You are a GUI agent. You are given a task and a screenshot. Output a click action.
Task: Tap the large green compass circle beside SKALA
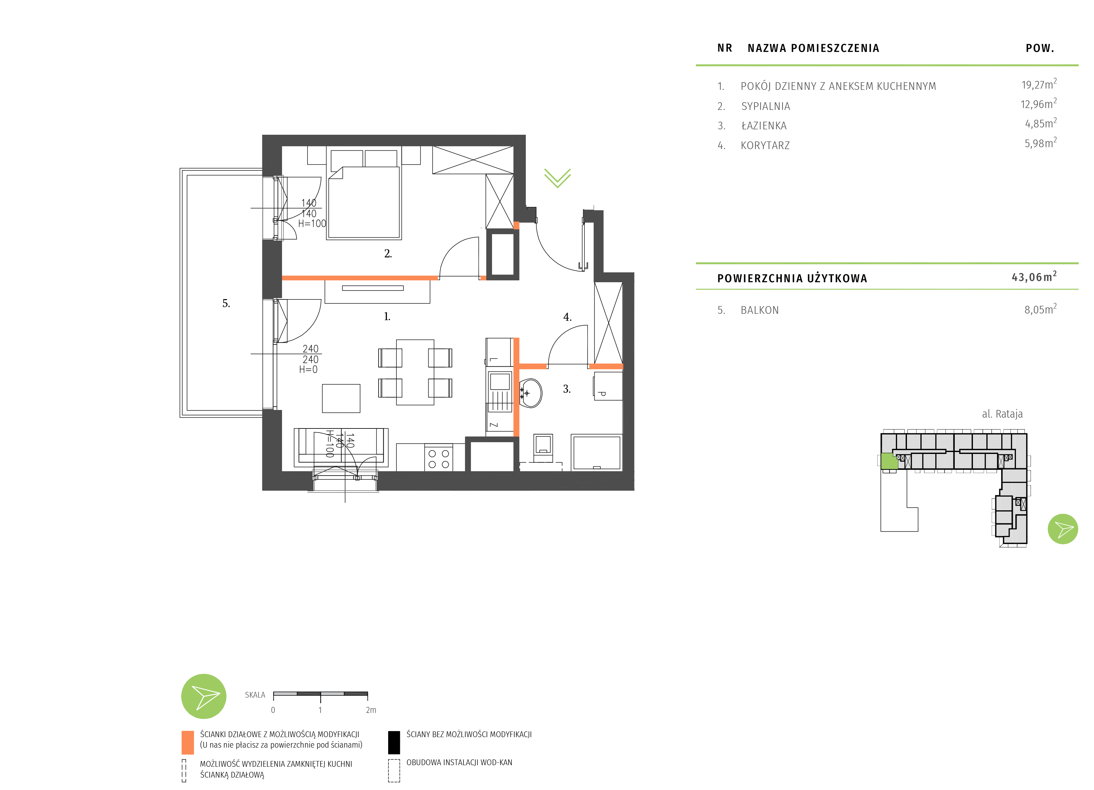(204, 696)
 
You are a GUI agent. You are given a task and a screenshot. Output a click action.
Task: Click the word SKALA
(255, 695)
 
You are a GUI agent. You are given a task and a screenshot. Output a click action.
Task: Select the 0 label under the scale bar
(273, 710)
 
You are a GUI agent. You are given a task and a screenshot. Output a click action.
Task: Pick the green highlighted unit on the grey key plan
(889, 461)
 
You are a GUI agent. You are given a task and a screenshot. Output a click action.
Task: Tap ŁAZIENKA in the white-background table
(764, 126)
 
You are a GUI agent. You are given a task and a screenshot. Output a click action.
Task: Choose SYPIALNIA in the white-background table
(765, 106)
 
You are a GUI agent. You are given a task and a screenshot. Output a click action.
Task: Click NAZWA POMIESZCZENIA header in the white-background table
(813, 48)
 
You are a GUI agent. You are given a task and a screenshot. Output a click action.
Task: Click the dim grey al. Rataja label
(1002, 414)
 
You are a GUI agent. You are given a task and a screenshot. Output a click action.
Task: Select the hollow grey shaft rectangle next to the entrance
(502, 254)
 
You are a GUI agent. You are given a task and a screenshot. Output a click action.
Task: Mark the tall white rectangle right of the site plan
(998, 606)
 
